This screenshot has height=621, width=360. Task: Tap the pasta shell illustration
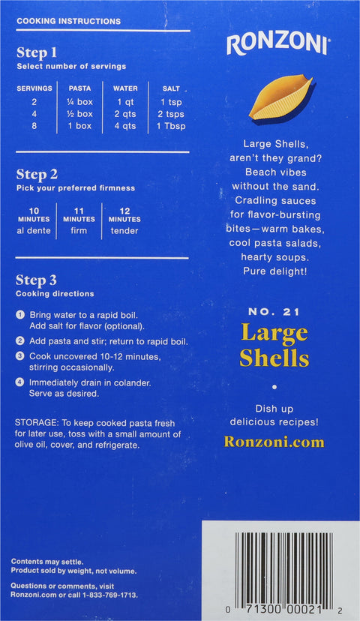coord(280,97)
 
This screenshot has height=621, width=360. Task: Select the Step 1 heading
coord(37,52)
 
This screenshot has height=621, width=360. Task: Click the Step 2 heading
coord(37,174)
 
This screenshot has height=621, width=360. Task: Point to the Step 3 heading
coord(37,280)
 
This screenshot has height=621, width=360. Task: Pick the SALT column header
coord(170,88)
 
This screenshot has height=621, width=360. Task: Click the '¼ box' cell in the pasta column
coord(79,101)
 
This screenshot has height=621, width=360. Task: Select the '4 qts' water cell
coord(125,126)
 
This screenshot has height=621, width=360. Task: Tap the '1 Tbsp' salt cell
coord(170,126)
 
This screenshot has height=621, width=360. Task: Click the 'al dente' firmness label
coord(34,231)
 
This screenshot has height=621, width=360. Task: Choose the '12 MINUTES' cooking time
coord(124,214)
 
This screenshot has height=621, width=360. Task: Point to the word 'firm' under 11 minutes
coord(79,231)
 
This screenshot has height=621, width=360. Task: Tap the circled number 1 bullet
coord(21,313)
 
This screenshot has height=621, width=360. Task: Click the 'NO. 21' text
coord(274,312)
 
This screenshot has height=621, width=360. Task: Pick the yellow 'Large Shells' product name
coord(274,345)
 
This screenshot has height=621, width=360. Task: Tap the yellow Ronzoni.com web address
coord(274,442)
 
